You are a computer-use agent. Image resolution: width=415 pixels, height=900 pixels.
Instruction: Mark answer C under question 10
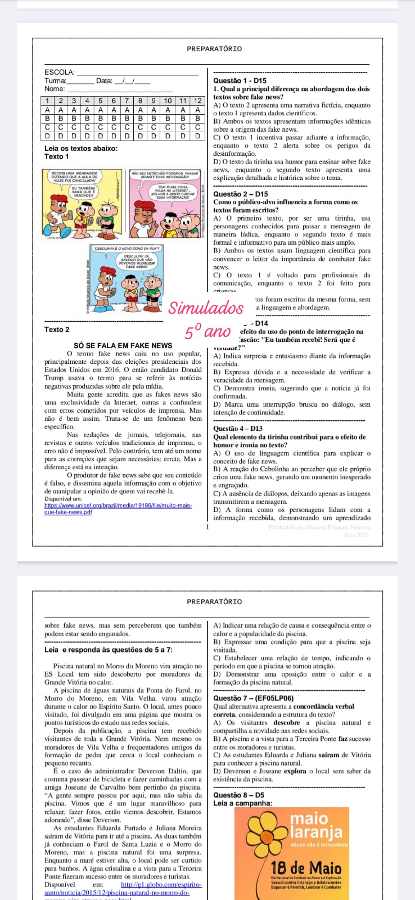pos(168,127)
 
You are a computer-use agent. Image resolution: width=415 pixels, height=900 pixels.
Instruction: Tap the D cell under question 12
pos(197,136)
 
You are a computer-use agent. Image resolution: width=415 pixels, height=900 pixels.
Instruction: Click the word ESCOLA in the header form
pos(59,72)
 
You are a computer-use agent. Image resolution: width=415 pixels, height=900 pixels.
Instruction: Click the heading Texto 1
pos(57,156)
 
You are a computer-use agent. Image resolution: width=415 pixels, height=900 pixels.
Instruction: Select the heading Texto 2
pos(57,330)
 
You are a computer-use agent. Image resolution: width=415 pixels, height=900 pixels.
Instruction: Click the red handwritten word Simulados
pos(206,308)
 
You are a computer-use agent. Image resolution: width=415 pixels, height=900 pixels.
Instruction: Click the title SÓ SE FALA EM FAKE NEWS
pos(123,345)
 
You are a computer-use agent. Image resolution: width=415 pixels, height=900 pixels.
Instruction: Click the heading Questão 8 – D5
pos(239,795)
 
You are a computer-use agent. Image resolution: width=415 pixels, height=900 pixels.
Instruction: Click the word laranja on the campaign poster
pos(317,831)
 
